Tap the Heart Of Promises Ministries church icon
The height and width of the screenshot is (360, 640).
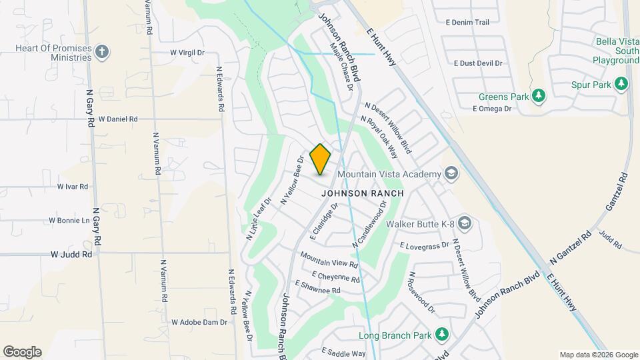101,51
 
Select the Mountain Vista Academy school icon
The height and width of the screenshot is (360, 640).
451,174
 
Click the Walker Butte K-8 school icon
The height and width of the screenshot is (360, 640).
465,223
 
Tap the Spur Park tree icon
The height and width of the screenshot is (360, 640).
621,84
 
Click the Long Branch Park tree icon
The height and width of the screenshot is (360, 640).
441,334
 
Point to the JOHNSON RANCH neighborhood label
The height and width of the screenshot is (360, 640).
363,193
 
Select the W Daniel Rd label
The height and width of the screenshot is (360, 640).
117,119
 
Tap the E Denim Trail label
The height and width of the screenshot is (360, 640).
471,23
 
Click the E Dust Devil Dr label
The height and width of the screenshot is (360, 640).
477,64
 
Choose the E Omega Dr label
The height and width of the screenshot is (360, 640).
492,109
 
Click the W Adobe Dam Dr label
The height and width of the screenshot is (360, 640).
199,322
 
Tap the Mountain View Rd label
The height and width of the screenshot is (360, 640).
329,259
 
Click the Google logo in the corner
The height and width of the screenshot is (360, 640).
22,352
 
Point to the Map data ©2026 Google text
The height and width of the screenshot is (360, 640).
598,355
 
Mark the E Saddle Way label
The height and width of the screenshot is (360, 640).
344,353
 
